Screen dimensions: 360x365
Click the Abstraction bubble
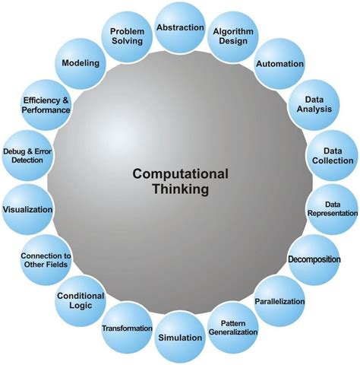coord(180,28)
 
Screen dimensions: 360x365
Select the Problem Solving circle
coord(127,36)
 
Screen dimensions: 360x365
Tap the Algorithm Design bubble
coord(233,36)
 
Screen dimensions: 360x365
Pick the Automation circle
coord(279,63)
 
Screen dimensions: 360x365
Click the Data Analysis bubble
coord(314,105)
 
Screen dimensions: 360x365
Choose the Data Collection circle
coord(333,155)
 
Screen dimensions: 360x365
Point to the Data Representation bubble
coord(333,209)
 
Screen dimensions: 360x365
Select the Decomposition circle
coord(314,260)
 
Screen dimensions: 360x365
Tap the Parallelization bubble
coord(279,301)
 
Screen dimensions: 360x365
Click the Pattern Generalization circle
coord(233,328)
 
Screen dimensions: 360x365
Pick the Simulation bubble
coord(180,337)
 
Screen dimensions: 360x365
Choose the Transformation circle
coord(127,328)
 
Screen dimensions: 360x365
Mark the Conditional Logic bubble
coord(81,301)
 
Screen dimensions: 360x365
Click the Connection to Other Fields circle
coord(46,260)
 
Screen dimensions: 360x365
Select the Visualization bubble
coord(27,209)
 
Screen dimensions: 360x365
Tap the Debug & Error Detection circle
coord(27,155)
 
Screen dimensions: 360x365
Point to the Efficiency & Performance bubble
coord(46,105)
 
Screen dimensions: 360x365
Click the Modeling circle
coord(81,63)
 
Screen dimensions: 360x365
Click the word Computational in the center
coord(180,174)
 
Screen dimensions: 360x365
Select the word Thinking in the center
coord(181,189)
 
